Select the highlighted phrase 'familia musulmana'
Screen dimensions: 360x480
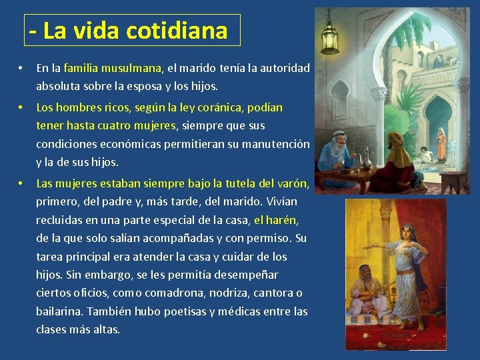click(112, 68)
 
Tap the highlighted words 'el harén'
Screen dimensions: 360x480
click(275, 220)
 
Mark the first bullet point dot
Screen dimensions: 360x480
click(22, 69)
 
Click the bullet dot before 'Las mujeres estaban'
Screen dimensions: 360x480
click(22, 183)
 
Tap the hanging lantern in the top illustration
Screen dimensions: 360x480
click(329, 33)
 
